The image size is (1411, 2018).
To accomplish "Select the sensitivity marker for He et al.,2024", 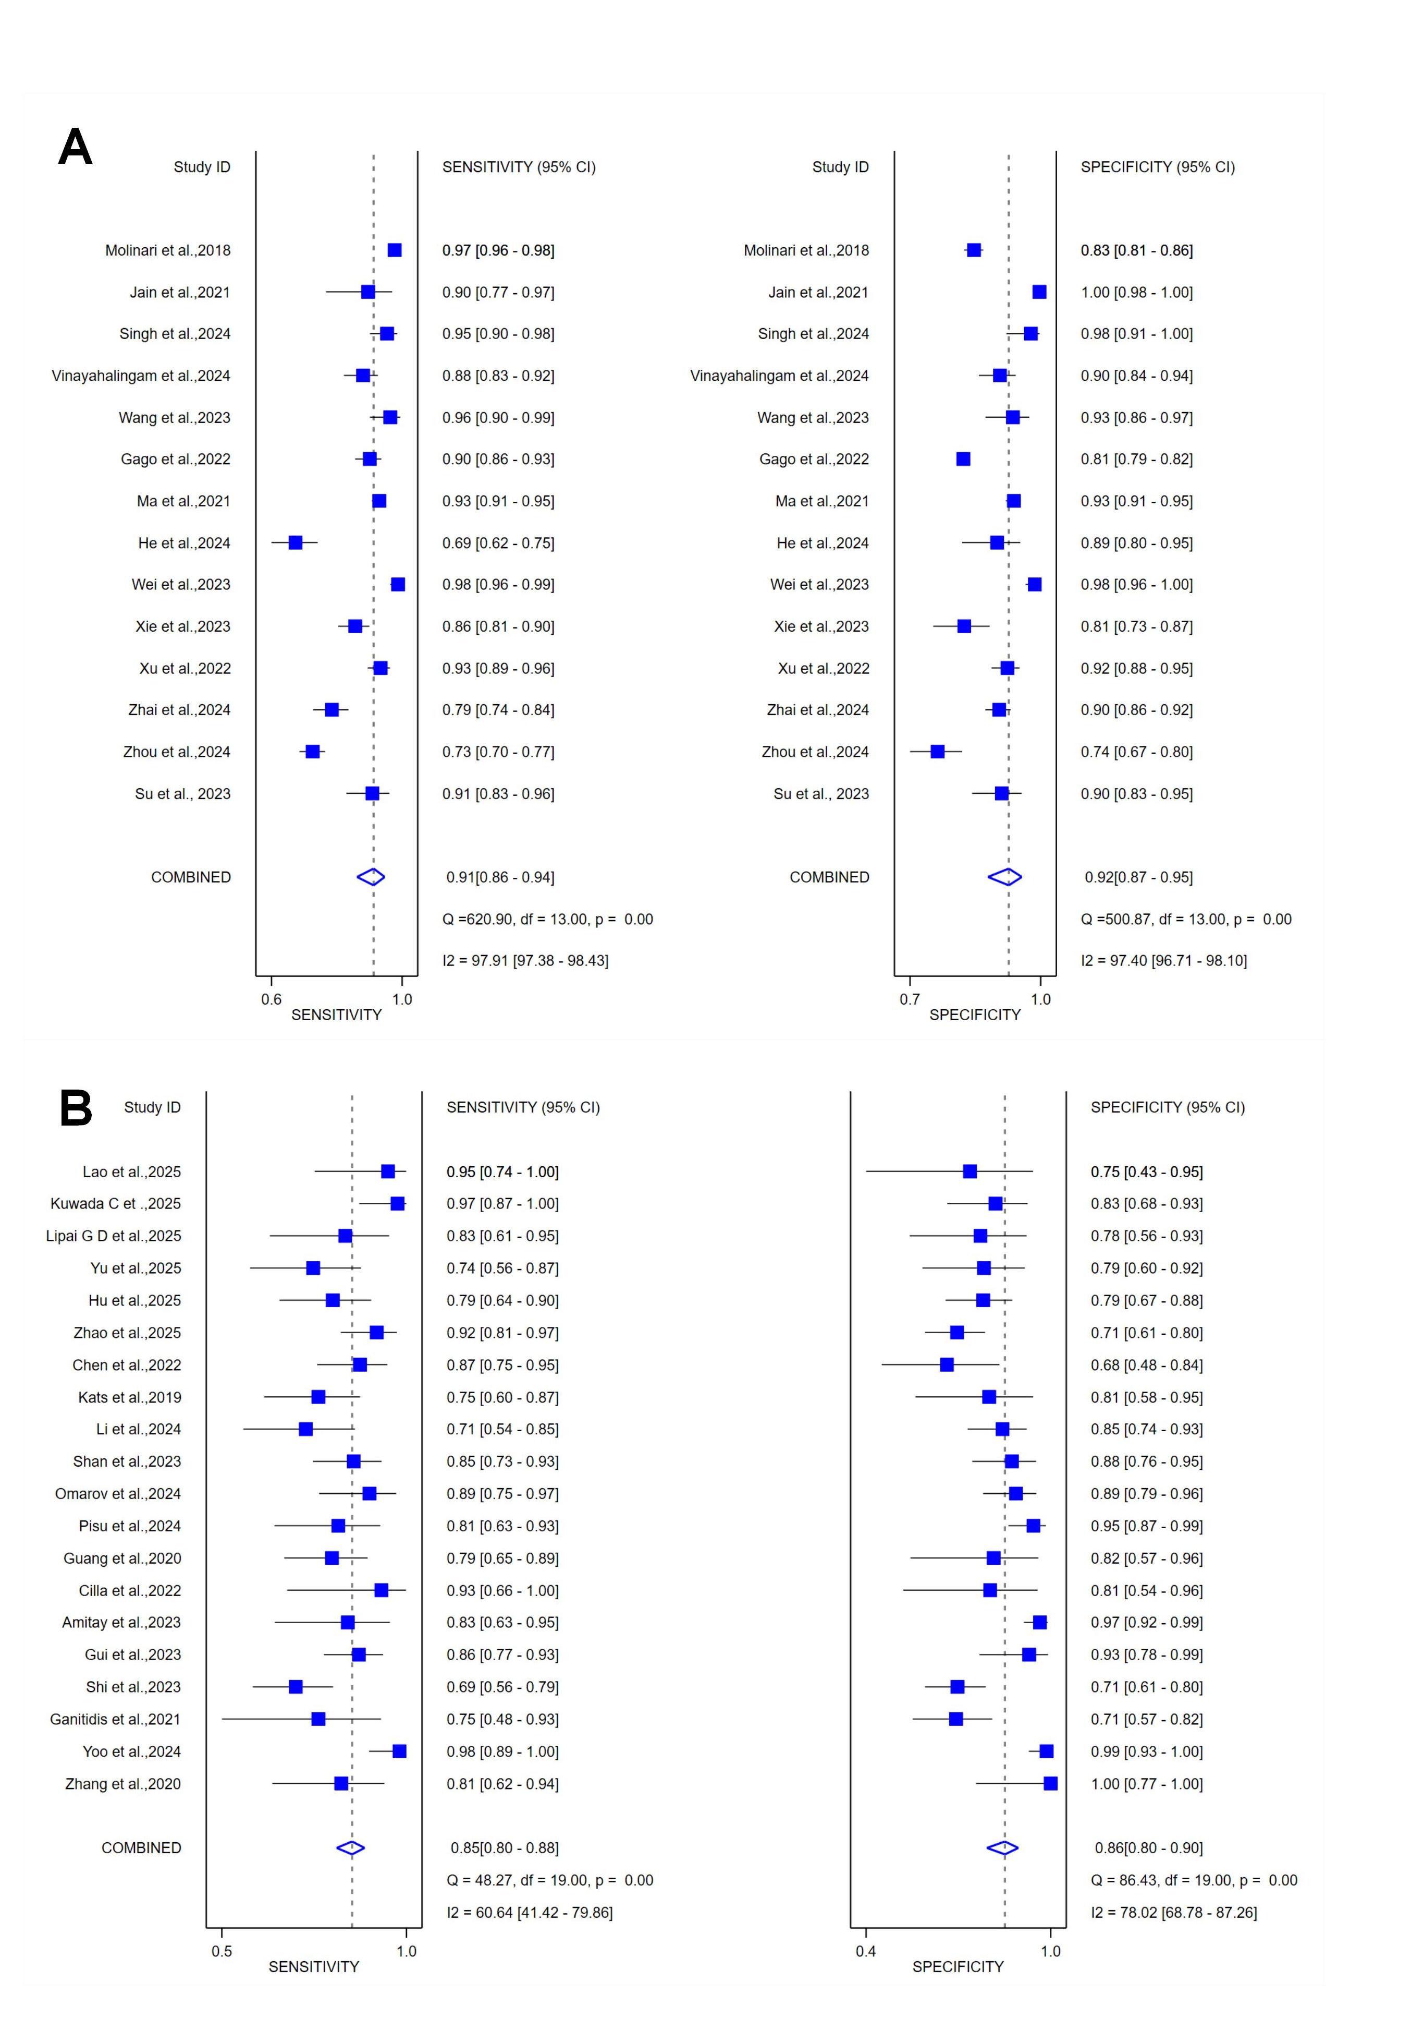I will coord(295,542).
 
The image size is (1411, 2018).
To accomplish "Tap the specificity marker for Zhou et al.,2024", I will coord(937,752).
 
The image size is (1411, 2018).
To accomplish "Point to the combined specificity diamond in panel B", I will coord(1002,1847).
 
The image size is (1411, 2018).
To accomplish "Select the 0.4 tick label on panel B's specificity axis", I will coord(865,1951).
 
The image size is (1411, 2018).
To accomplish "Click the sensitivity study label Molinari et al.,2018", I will coord(168,250).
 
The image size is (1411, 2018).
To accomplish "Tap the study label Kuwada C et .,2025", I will coord(116,1203).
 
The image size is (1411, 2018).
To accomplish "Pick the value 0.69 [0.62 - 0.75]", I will coord(498,543).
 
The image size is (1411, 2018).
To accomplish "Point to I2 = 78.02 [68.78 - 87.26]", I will coord(1173,1913).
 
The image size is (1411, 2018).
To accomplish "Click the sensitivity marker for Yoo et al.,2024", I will coord(399,1751).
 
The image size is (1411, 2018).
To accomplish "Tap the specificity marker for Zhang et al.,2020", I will coord(1050,1783).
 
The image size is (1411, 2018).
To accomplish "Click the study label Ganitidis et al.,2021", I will coord(115,1719).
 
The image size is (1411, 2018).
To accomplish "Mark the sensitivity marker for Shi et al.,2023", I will coord(295,1687).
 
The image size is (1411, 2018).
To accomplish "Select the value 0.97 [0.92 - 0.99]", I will coord(1147,1623).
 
